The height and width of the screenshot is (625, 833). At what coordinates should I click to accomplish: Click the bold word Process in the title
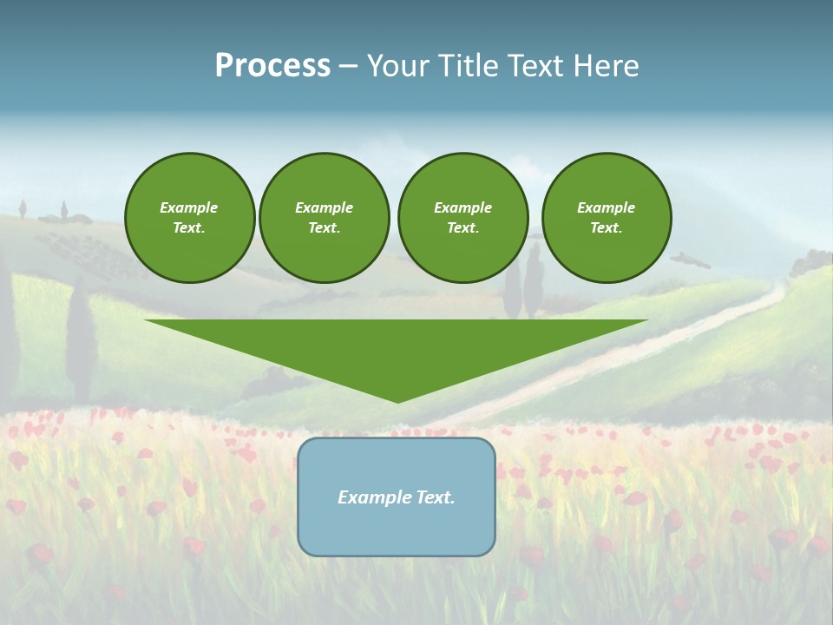click(x=272, y=66)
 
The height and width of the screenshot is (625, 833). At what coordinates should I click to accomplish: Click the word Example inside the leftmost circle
click(x=189, y=207)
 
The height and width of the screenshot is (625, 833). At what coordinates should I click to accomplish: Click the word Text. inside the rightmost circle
click(x=607, y=228)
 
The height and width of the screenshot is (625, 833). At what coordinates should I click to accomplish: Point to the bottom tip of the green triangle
click(x=397, y=400)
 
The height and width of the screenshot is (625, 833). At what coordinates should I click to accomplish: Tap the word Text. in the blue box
click(x=436, y=497)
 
